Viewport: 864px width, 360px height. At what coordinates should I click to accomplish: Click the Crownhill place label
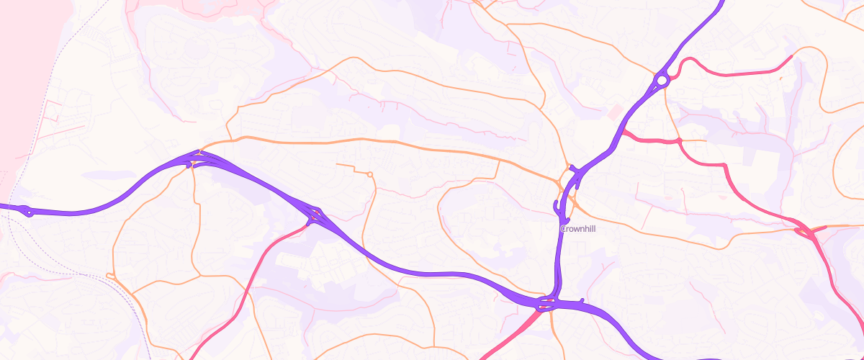click(x=577, y=229)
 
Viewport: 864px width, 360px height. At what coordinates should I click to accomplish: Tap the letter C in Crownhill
click(x=562, y=229)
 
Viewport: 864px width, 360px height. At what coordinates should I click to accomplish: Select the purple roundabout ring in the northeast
click(x=662, y=79)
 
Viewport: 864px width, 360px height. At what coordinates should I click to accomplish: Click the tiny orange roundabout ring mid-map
click(x=369, y=174)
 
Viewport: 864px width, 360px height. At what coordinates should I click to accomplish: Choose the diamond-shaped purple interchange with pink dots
click(x=315, y=215)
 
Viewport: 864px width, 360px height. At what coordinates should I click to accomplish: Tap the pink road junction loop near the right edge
click(x=804, y=230)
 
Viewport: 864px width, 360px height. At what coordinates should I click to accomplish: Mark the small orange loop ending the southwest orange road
click(x=110, y=275)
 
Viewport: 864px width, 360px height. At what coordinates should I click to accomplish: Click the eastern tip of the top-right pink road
click(x=792, y=56)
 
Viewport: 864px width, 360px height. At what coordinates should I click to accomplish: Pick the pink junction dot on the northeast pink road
click(x=679, y=140)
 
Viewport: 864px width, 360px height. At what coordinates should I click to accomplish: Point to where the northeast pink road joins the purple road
click(x=622, y=131)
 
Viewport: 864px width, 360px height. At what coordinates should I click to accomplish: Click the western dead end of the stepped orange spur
click(x=336, y=165)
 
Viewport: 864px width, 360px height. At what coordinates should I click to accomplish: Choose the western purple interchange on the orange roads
click(x=194, y=159)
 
